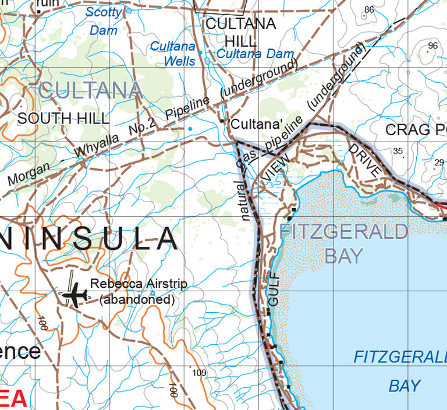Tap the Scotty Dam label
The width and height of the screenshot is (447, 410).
pos(104,21)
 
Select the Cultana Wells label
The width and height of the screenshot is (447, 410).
pos(173,53)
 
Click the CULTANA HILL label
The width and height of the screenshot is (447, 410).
pos(240,33)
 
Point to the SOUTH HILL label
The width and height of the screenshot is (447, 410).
pos(63,118)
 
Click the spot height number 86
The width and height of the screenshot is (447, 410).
pos(369,9)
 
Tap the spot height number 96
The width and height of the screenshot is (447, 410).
pos(432,45)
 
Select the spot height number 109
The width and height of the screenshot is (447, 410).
pos(199,373)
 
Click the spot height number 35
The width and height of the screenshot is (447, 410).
pos(398,151)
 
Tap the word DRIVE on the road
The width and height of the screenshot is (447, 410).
pos(365,160)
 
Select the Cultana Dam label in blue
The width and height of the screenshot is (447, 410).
pos(255,54)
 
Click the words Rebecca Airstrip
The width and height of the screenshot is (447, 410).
pos(139,284)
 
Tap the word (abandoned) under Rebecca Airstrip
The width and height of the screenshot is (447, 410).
pos(137,300)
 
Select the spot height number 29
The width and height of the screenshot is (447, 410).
pos(439,162)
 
